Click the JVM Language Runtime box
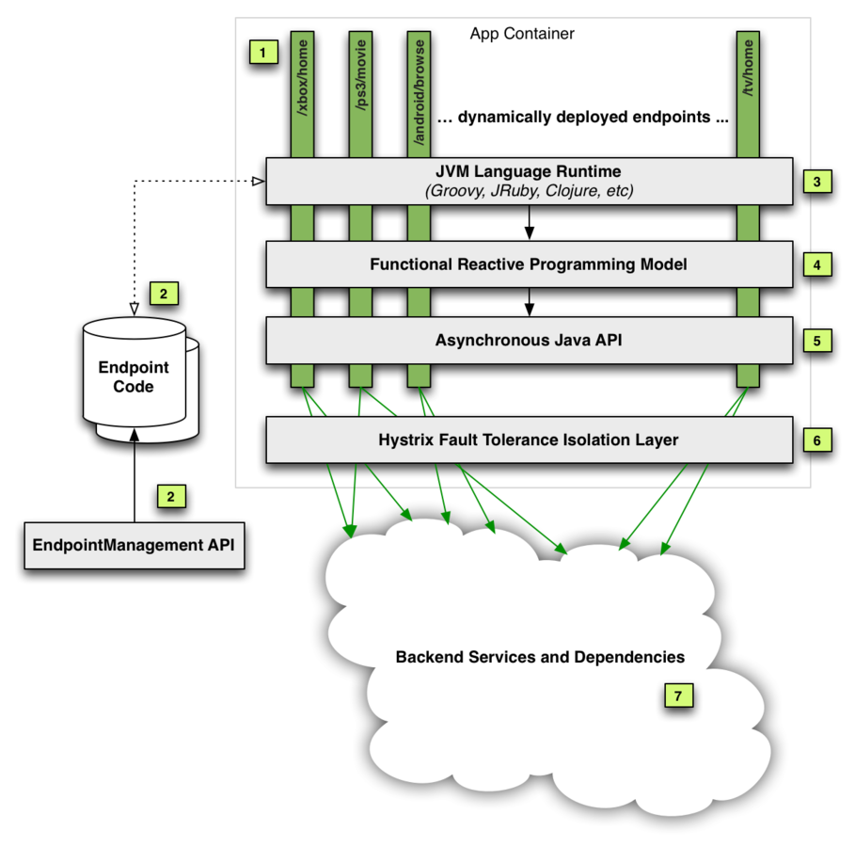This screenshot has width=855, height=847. point(529,181)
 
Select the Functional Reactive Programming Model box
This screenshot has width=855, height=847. point(529,264)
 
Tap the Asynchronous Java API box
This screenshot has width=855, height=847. point(529,340)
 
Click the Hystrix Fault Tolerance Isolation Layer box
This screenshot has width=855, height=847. point(529,439)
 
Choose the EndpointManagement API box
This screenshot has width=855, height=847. point(134,545)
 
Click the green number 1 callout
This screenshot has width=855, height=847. point(263,51)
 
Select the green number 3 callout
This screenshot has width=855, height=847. point(817,182)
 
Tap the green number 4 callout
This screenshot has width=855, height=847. point(817,264)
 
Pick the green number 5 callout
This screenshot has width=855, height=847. point(817,339)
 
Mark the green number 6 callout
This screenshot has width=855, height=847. point(817,439)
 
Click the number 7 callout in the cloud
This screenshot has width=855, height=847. point(678,695)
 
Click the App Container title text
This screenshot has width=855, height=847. point(522,34)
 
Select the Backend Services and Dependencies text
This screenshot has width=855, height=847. point(540,657)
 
